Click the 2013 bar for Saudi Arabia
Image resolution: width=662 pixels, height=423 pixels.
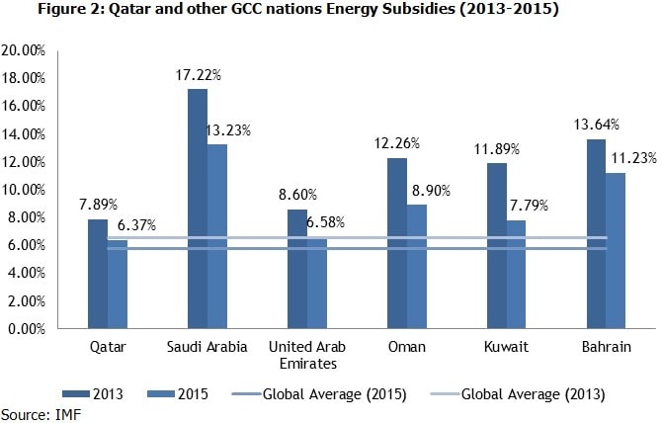(197, 209)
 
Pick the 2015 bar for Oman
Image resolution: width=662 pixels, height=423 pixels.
(416, 267)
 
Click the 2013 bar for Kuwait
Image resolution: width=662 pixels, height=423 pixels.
(496, 246)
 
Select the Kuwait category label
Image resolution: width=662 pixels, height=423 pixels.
(506, 347)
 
